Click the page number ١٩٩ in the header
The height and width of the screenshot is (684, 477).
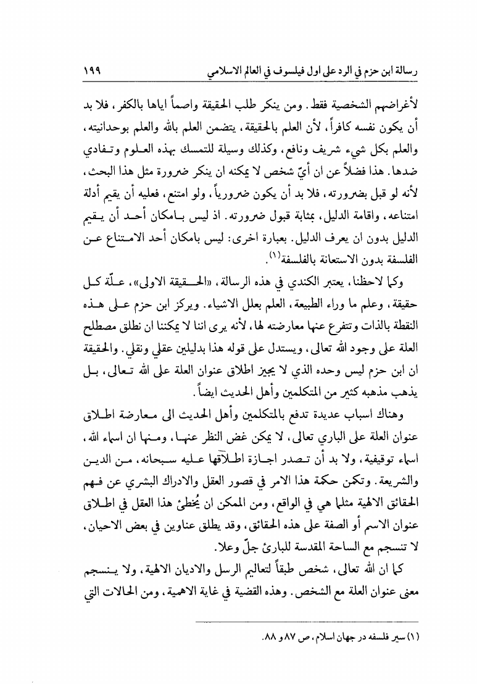tap(92, 72)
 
